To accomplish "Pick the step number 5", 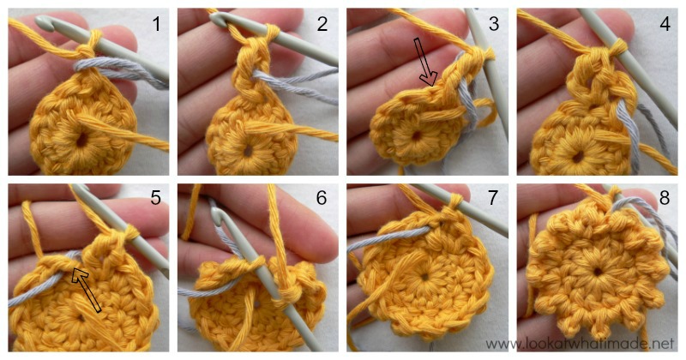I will point(154,200).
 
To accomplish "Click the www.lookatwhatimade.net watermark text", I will point(593,342).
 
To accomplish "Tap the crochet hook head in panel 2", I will point(221,19).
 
